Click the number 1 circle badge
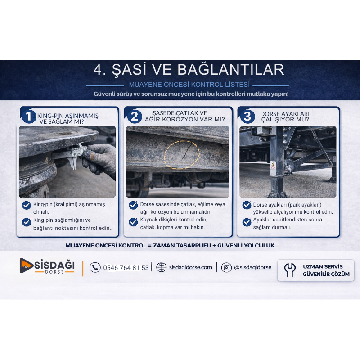(28, 117)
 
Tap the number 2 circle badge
(135, 117)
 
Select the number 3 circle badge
(247, 117)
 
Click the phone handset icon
(95, 267)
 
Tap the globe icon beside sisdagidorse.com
(162, 267)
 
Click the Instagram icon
(226, 267)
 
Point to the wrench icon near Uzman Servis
(290, 270)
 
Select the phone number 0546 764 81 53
(126, 268)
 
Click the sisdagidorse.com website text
(190, 267)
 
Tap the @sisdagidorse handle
(253, 267)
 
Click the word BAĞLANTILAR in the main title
(231, 70)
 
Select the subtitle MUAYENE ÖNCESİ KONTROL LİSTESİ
(189, 85)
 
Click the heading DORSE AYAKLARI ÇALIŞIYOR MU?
(285, 117)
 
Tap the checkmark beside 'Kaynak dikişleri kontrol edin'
(133, 222)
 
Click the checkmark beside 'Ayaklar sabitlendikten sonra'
(247, 222)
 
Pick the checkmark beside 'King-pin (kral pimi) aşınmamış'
(27, 205)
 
